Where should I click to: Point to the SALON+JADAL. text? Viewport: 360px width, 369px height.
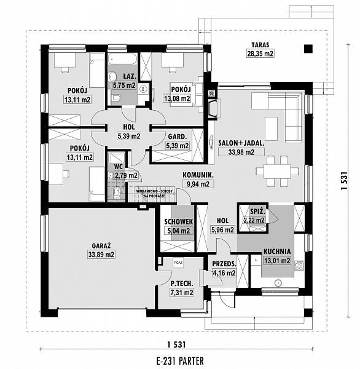[241, 142]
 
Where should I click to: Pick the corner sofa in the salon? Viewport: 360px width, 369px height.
[286, 114]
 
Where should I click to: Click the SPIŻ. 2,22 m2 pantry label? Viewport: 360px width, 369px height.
[254, 215]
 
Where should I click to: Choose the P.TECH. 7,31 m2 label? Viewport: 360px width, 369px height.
[182, 288]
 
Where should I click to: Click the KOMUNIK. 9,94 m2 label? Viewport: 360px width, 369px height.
[198, 179]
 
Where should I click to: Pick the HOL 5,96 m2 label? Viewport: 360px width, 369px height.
[222, 226]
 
